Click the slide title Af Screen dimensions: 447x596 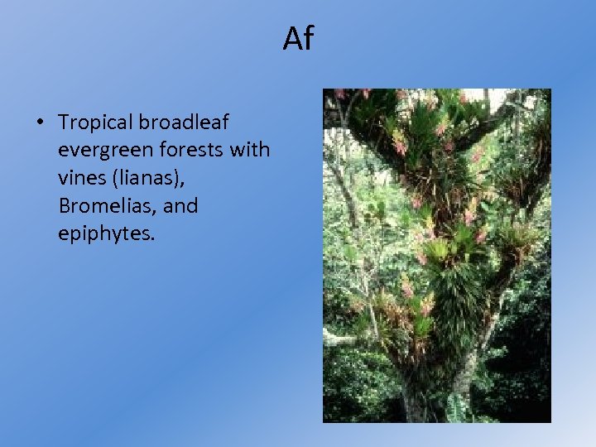pos(298,38)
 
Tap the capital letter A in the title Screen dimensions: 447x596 pos(291,38)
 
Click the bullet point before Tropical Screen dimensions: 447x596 pos(39,123)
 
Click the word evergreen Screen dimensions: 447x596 pos(99,151)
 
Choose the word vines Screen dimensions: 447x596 pos(81,178)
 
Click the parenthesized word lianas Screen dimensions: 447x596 pos(149,178)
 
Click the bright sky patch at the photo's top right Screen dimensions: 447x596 pos(517,98)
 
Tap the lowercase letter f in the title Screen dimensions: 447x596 pos(307,37)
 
